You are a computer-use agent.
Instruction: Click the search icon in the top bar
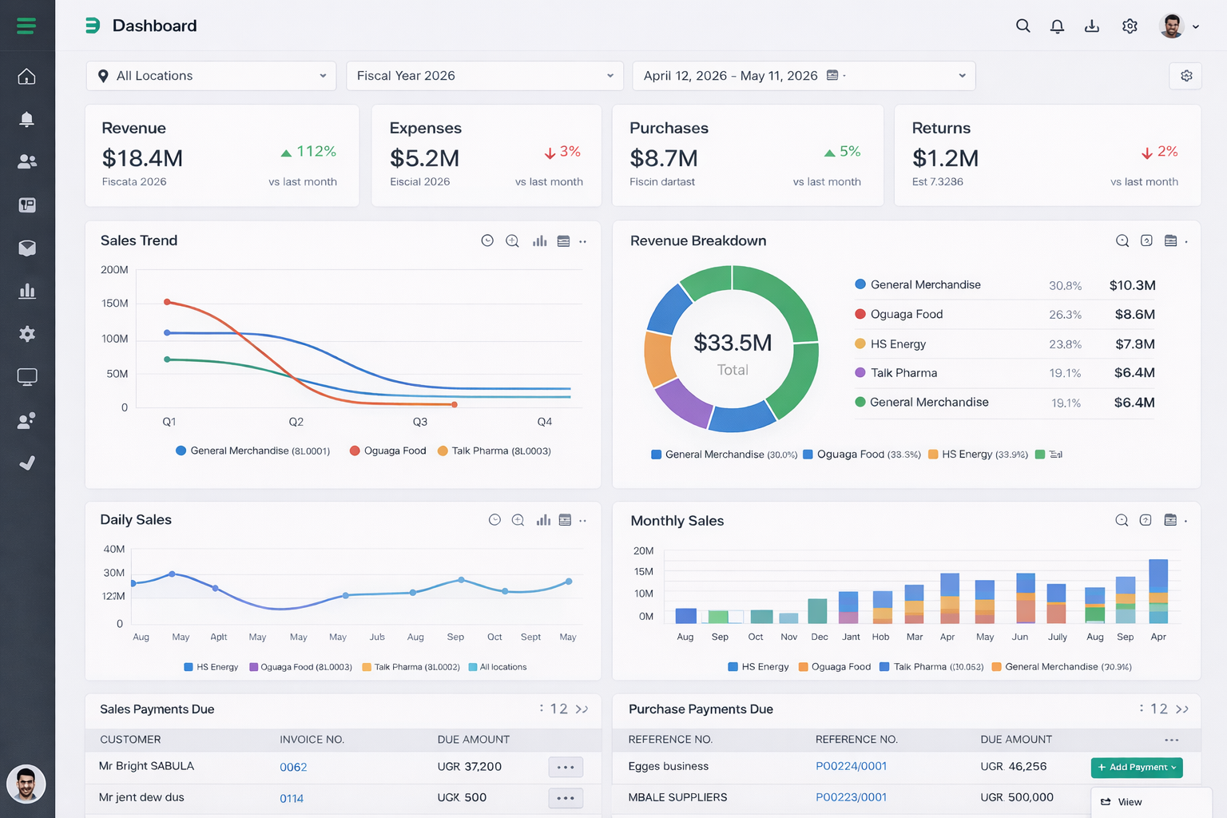pyautogui.click(x=1022, y=26)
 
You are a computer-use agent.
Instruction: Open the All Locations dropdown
pyautogui.click(x=211, y=76)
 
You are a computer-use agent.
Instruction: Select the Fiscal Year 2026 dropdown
pyautogui.click(x=485, y=76)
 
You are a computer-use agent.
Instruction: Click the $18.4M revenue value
pyautogui.click(x=142, y=158)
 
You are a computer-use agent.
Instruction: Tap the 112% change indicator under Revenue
pyautogui.click(x=308, y=152)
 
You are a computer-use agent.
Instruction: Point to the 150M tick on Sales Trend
pyautogui.click(x=114, y=304)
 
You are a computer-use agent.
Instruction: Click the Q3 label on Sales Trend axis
pyautogui.click(x=419, y=422)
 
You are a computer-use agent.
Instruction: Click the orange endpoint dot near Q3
pyautogui.click(x=455, y=405)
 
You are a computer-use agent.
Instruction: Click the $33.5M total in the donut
pyautogui.click(x=733, y=343)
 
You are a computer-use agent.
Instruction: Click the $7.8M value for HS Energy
pyautogui.click(x=1134, y=344)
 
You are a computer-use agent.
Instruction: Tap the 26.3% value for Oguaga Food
pyautogui.click(x=1065, y=315)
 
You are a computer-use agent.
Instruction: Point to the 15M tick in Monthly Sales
pyautogui.click(x=643, y=572)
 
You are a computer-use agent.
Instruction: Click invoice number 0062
pyautogui.click(x=293, y=767)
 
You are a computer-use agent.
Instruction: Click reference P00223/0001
pyautogui.click(x=851, y=797)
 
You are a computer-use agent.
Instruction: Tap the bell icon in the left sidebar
pyautogui.click(x=26, y=120)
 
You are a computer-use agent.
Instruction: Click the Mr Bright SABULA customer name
pyautogui.click(x=146, y=766)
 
